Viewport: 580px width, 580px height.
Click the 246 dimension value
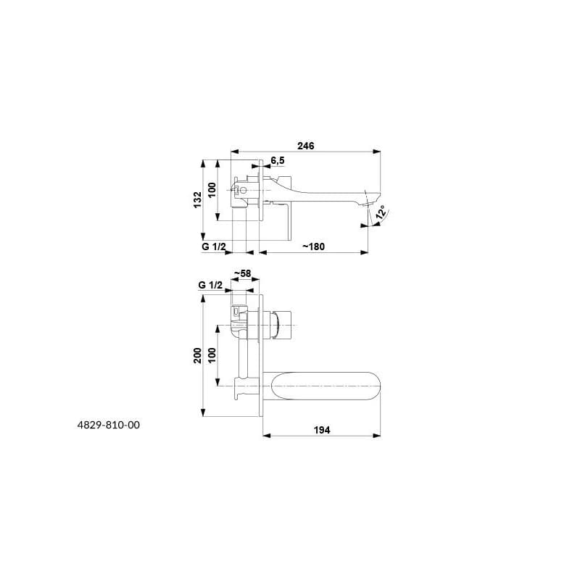click(305, 146)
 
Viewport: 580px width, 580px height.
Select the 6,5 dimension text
click(278, 160)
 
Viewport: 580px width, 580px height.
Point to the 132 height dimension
click(198, 200)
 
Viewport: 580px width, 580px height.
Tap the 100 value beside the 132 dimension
click(212, 190)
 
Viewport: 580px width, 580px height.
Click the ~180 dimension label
click(313, 246)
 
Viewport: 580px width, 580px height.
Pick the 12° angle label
click(381, 213)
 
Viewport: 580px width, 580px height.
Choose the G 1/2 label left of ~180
click(213, 246)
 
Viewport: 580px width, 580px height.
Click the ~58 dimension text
click(242, 273)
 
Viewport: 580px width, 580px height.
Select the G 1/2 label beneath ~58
click(210, 285)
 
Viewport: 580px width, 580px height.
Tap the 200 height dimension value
click(198, 355)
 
